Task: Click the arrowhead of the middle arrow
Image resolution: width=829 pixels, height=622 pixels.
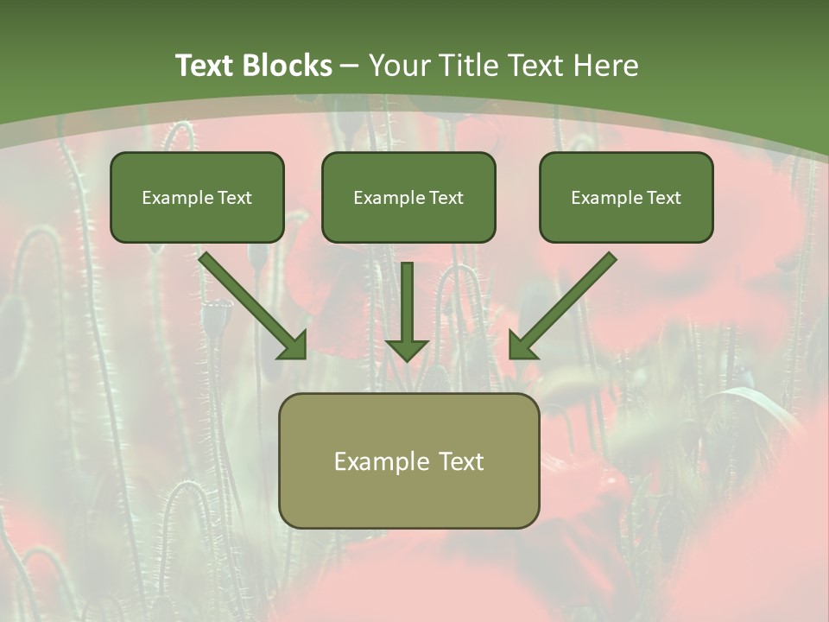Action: (407, 348)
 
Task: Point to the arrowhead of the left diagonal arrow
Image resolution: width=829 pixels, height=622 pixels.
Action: (294, 346)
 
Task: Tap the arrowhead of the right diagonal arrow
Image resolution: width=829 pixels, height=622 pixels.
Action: (522, 346)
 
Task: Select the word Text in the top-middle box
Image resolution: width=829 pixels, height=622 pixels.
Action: (446, 198)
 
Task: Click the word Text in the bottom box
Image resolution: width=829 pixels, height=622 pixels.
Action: (462, 461)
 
